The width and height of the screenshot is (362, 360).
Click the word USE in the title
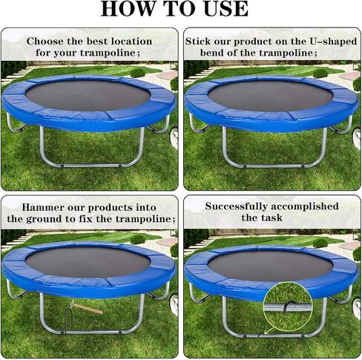(x=226, y=9)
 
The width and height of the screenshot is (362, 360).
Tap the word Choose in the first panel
(x=45, y=42)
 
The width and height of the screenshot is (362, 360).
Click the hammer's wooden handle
(x=90, y=310)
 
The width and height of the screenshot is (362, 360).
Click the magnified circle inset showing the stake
(x=288, y=307)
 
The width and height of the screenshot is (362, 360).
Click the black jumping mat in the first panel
(x=88, y=95)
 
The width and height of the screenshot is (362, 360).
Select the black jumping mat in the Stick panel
(x=271, y=96)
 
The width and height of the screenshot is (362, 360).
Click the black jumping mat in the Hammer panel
(x=88, y=262)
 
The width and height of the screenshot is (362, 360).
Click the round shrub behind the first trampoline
(x=137, y=73)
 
